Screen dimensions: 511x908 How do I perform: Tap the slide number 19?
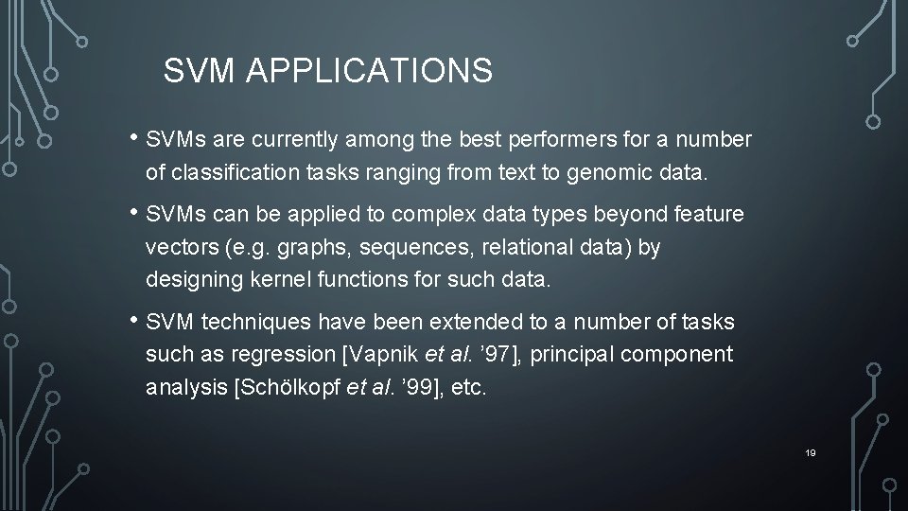click(x=811, y=453)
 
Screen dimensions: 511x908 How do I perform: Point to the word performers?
click(x=564, y=141)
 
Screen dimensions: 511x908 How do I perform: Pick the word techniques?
click(x=255, y=323)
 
